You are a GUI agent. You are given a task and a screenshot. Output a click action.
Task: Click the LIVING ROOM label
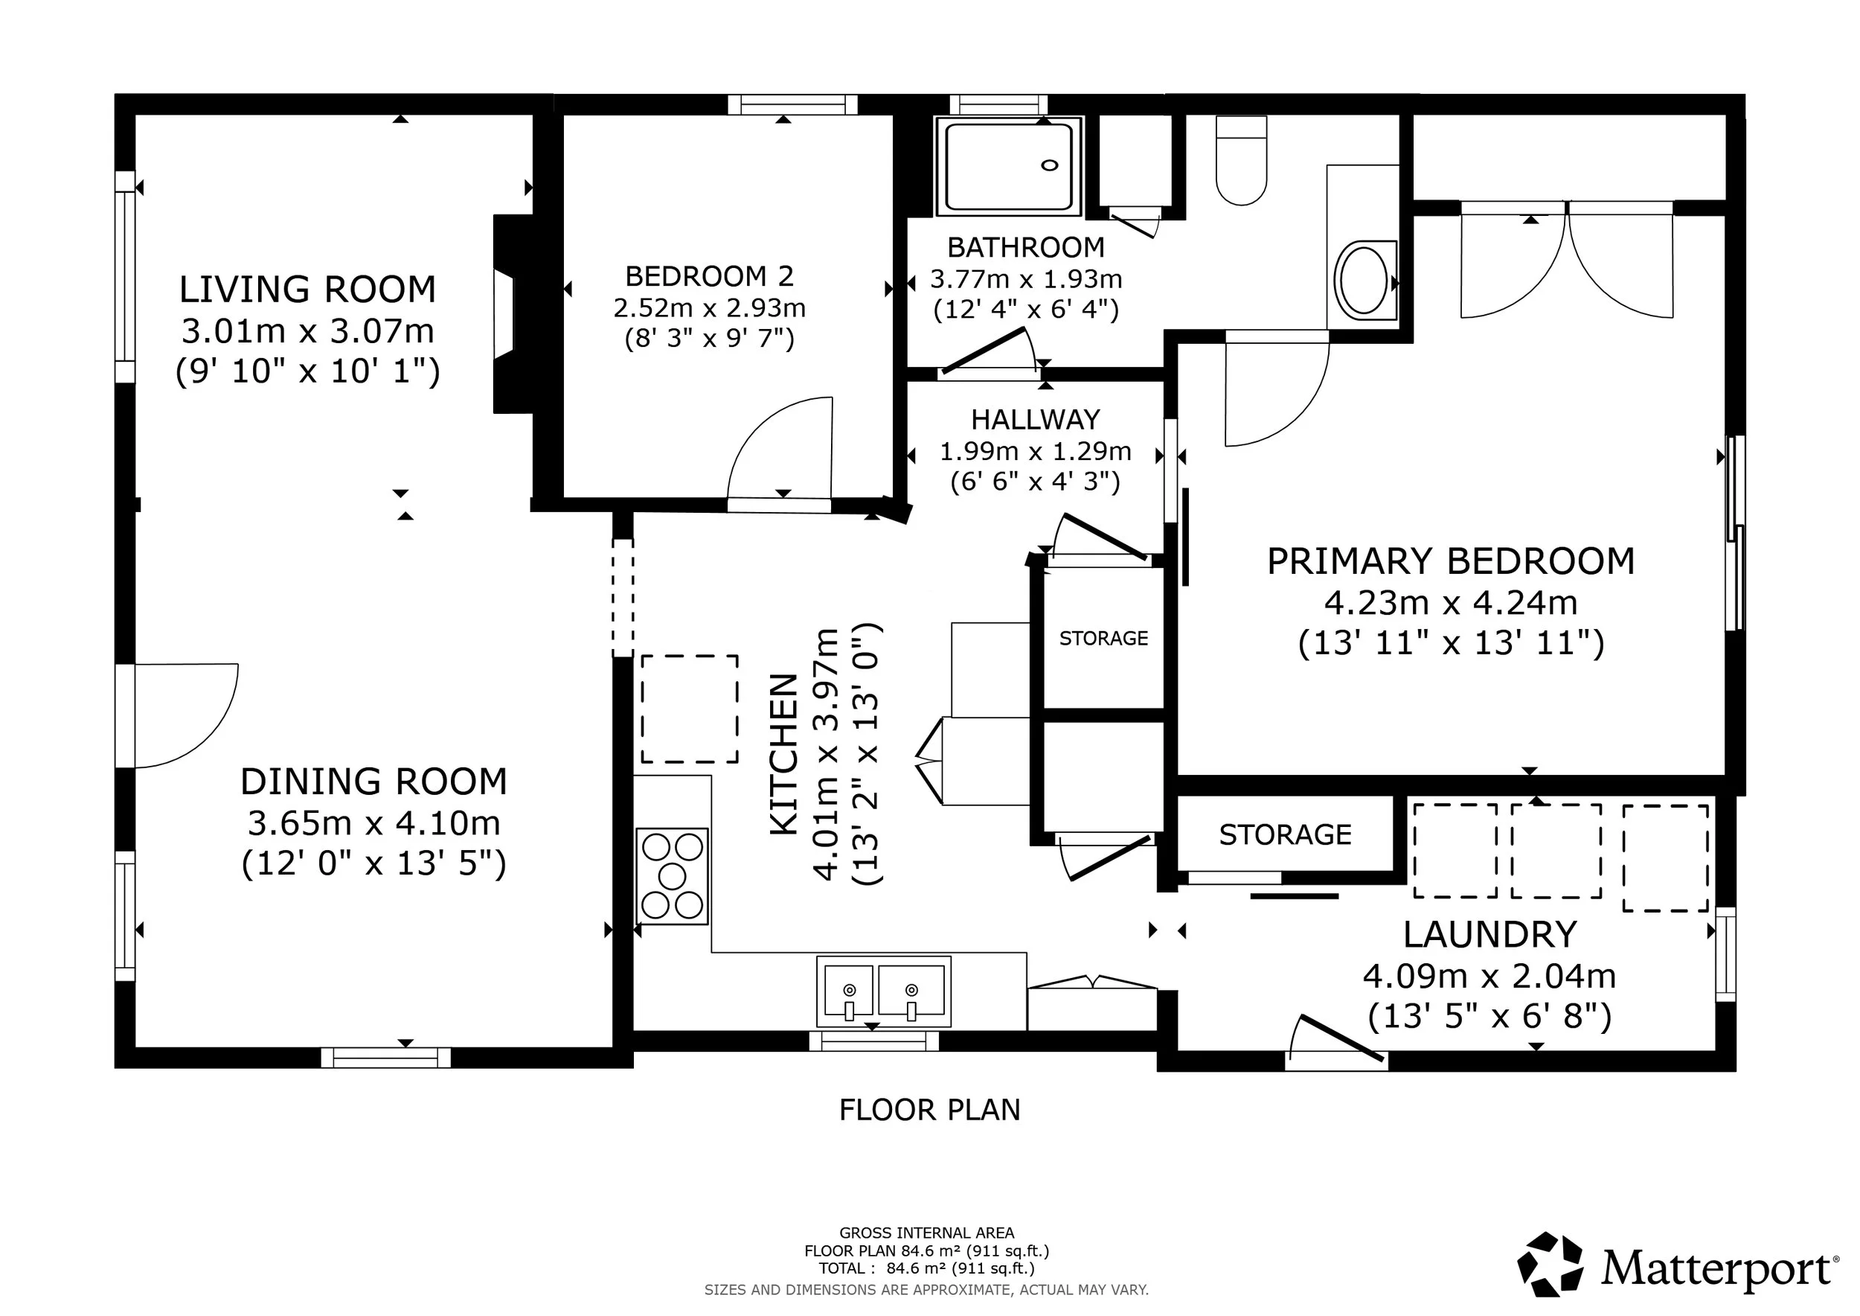(x=307, y=290)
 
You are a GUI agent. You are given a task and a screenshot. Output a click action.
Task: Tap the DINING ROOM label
(x=373, y=782)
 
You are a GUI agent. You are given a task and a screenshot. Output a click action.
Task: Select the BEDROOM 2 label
(x=709, y=276)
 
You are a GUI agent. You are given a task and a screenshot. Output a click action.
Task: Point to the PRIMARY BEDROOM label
(x=1451, y=561)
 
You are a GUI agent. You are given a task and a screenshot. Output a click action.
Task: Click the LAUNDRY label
(x=1489, y=934)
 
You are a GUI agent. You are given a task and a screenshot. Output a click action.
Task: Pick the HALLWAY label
(x=1036, y=420)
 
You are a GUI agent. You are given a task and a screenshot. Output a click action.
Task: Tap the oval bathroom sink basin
(x=1364, y=280)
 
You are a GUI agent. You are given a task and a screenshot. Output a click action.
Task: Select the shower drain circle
(x=1049, y=165)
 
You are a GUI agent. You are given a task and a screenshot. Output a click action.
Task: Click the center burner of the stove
(x=673, y=876)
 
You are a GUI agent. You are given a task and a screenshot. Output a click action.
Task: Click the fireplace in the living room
(x=513, y=313)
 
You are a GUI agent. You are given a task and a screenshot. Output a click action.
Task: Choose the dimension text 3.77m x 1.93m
(x=1025, y=280)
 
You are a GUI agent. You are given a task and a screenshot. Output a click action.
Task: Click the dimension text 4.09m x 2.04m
(x=1489, y=977)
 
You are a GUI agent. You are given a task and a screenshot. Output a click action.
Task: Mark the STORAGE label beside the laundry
(x=1285, y=834)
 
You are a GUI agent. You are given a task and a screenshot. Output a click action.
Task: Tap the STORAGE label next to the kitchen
(x=1103, y=639)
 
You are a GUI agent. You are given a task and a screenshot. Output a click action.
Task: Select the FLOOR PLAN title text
(x=929, y=1110)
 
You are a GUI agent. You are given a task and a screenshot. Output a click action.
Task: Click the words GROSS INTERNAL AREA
(x=927, y=1233)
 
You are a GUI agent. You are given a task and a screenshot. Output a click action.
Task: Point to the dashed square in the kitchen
(x=690, y=709)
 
